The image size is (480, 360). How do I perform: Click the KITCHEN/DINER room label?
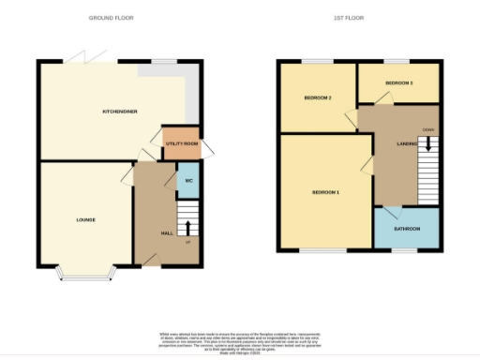[x=120, y=112]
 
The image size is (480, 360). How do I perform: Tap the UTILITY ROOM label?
[x=182, y=143]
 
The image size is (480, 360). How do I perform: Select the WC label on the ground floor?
[x=188, y=180]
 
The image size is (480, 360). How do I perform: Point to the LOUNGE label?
[x=86, y=220]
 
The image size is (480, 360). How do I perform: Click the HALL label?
[x=166, y=232]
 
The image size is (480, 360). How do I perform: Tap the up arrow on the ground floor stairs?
[x=187, y=228]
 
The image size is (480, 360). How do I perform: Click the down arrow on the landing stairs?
[x=427, y=144]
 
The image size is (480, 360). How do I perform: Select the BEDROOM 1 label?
[x=325, y=192]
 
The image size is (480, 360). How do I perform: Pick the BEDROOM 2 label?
[x=318, y=97]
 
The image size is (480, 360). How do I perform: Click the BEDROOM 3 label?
[x=398, y=83]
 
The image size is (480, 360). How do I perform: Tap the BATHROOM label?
[x=407, y=229]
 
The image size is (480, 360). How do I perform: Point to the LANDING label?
[x=407, y=143]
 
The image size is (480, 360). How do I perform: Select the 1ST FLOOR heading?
[x=348, y=18]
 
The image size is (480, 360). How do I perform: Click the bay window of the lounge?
[x=85, y=274]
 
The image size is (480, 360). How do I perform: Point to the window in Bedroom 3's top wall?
[x=399, y=62]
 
